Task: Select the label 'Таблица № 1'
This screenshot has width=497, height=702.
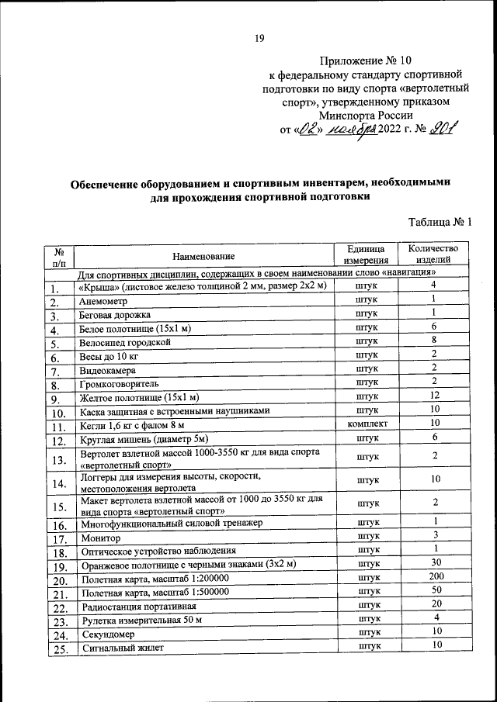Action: click(x=440, y=222)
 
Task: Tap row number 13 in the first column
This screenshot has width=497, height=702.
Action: click(x=57, y=461)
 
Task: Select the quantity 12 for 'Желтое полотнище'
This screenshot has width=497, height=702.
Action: click(x=436, y=396)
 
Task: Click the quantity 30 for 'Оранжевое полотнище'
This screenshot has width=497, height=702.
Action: click(x=436, y=563)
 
